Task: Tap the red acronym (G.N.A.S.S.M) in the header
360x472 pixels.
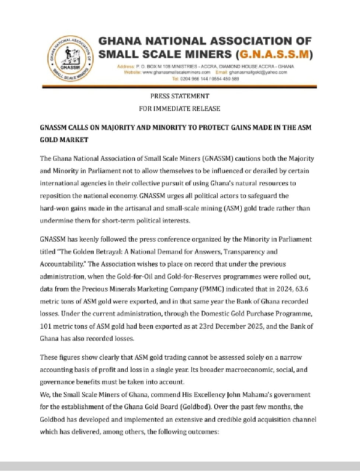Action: [275, 55]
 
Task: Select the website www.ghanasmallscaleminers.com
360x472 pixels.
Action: [179, 72]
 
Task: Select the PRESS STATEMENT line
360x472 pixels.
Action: [179, 96]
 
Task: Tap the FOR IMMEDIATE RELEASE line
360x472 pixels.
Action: [179, 109]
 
